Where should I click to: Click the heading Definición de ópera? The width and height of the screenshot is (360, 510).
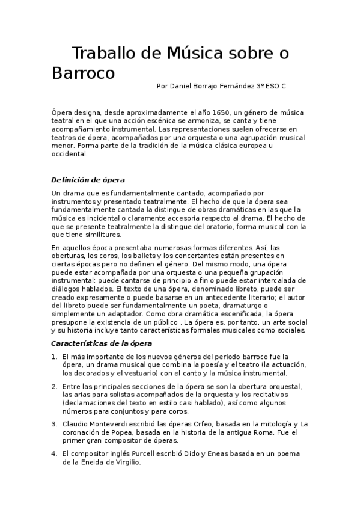[x=88, y=180]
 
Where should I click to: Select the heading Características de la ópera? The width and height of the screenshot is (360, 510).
[x=102, y=343]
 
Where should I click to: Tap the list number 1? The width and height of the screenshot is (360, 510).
[x=54, y=357]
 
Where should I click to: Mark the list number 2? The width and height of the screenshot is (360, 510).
[x=54, y=386]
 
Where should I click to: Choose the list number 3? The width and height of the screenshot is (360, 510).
[x=54, y=424]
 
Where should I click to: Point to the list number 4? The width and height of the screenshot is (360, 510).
[x=54, y=453]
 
